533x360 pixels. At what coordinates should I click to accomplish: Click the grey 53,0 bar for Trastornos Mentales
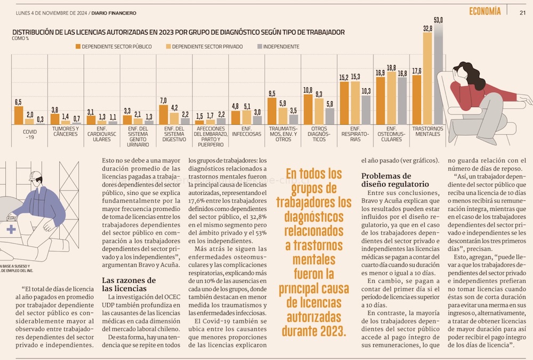[439, 75]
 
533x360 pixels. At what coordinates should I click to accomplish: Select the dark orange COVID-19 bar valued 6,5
[19, 115]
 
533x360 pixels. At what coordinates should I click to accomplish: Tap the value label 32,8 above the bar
[427, 28]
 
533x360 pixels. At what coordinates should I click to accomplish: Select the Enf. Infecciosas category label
[246, 131]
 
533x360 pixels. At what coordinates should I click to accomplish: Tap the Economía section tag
[485, 11]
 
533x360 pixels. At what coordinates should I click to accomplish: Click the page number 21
[523, 12]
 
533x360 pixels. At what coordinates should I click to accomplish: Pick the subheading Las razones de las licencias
[129, 284]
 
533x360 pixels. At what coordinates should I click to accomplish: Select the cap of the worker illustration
[36, 176]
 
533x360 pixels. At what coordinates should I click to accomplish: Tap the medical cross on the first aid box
[11, 229]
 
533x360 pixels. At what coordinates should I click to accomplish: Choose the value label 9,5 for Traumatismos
[272, 94]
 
